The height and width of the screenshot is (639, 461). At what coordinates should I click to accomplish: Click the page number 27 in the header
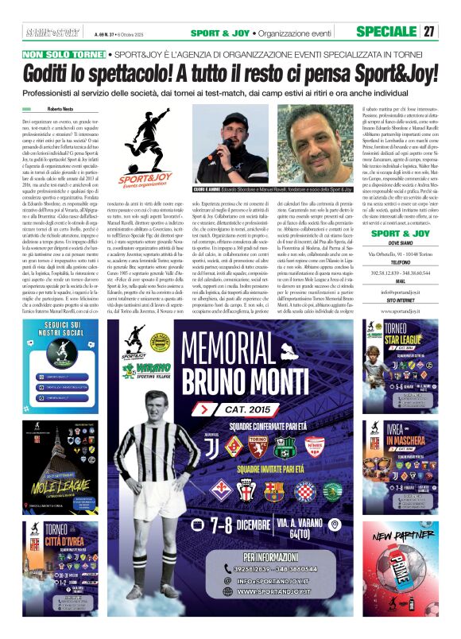point(429,32)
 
